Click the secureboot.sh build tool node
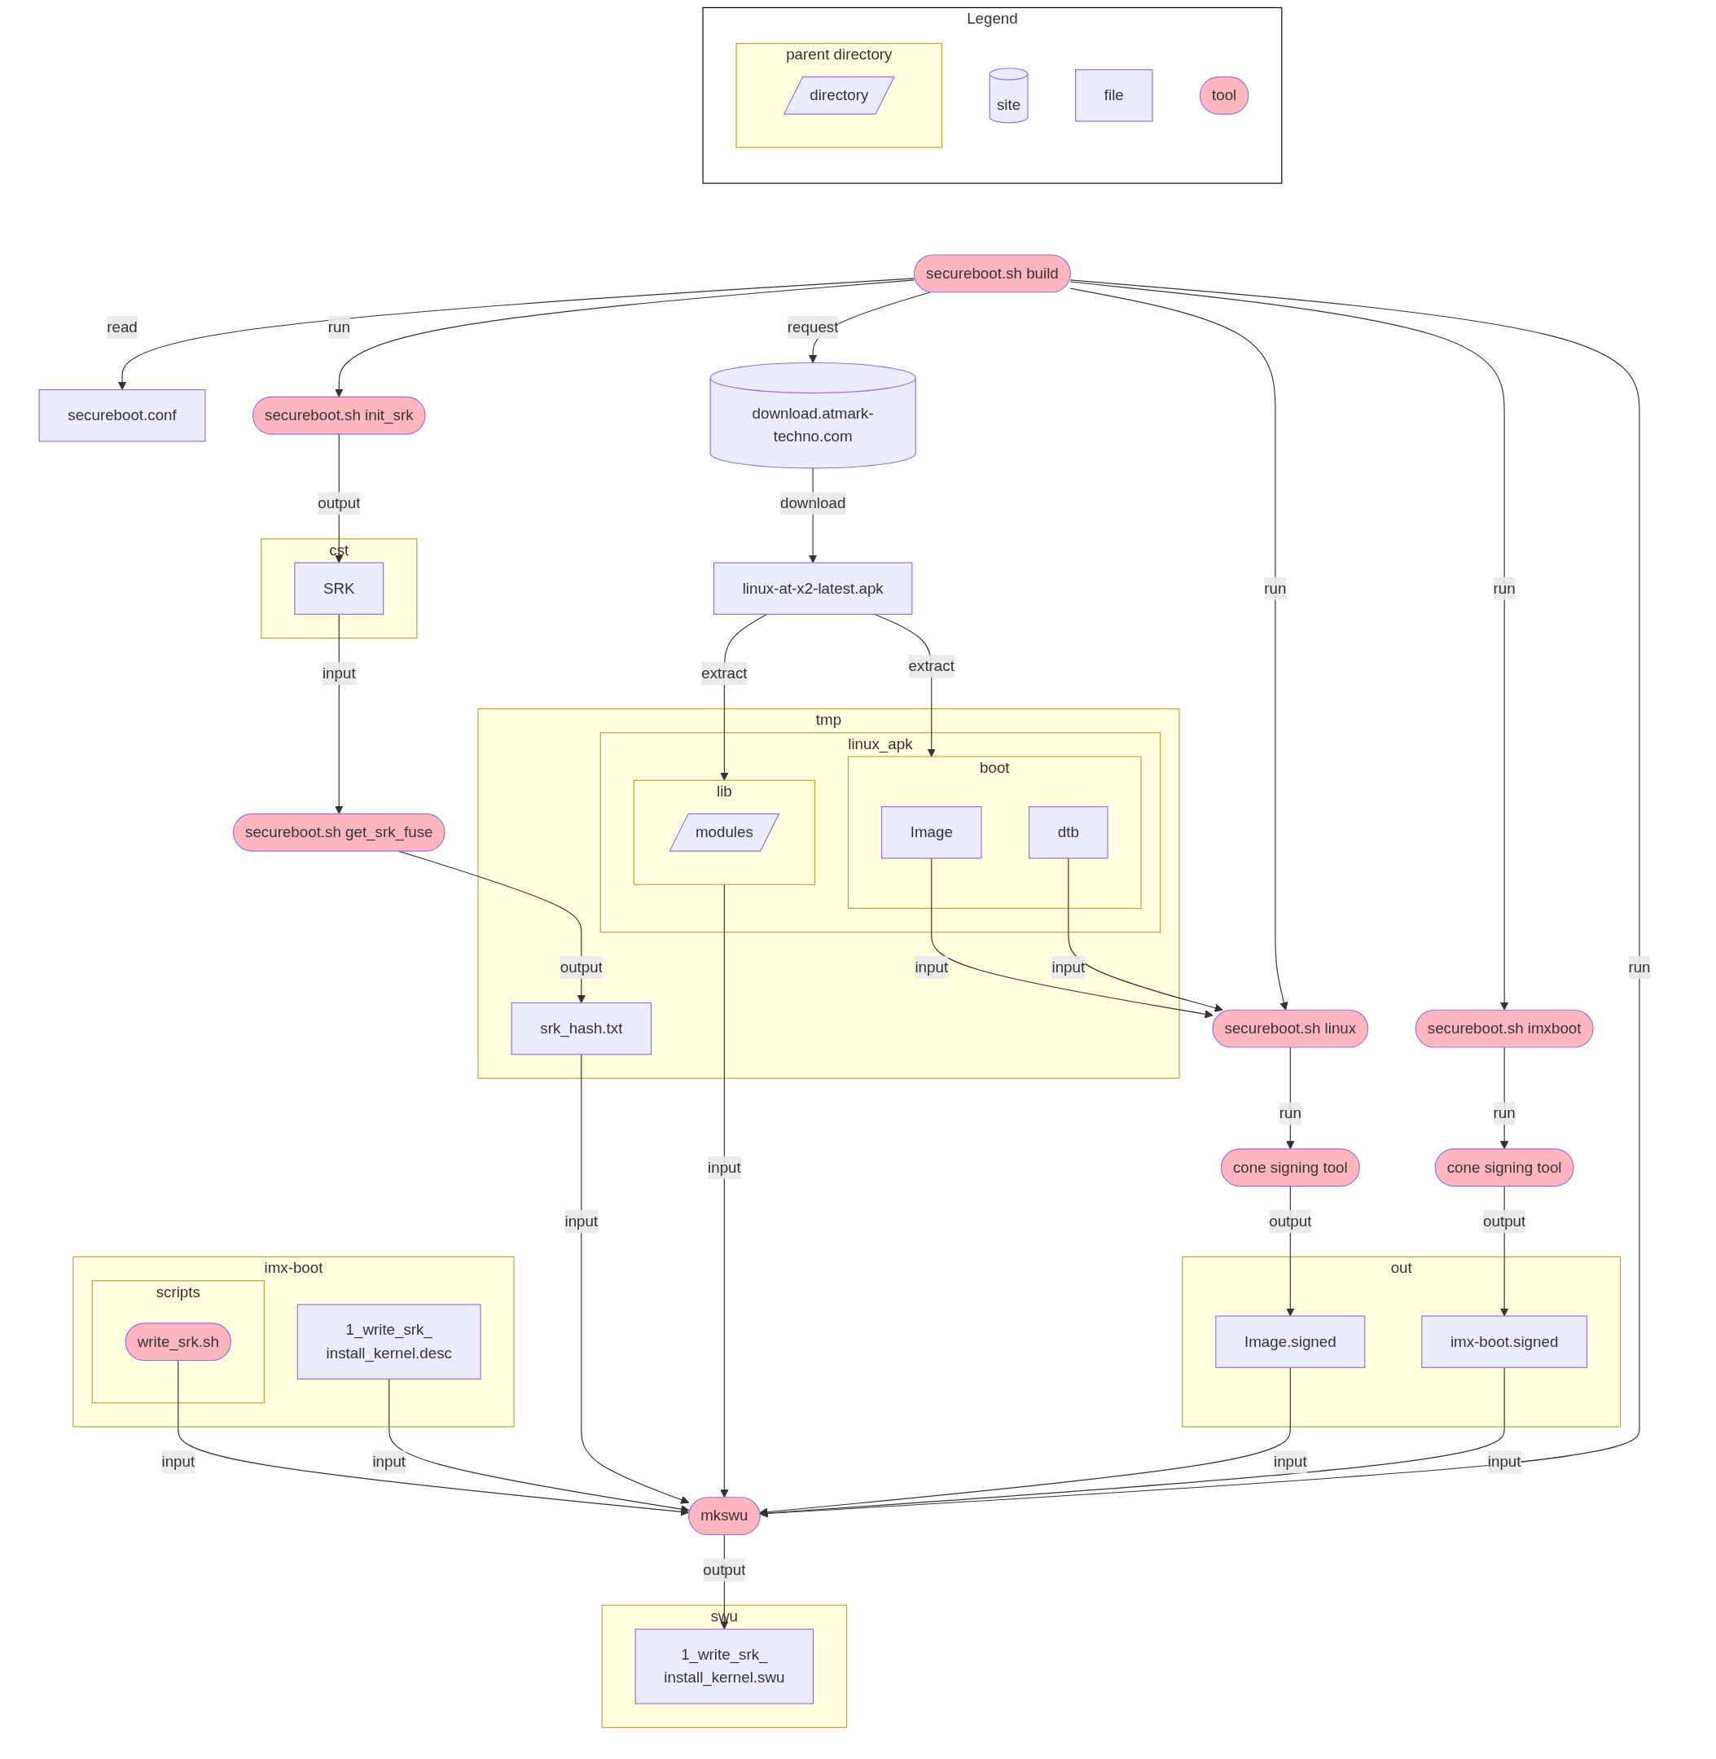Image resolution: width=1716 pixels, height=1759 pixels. coord(991,273)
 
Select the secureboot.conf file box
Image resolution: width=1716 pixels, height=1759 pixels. coord(121,415)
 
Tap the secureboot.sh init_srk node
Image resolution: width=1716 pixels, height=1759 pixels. coord(339,415)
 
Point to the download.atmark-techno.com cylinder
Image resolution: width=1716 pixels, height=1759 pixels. coord(812,423)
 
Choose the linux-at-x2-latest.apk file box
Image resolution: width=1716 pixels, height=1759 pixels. coord(812,589)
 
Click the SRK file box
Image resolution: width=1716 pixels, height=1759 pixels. coord(339,589)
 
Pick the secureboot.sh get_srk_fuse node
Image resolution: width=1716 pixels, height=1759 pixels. coord(339,831)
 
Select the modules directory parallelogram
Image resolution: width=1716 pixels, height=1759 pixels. coord(724,831)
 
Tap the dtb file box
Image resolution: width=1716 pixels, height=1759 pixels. coord(1068,831)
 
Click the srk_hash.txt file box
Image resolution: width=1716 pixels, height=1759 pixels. coord(582,1029)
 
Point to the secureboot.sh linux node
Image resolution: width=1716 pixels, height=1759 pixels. coord(1290,1029)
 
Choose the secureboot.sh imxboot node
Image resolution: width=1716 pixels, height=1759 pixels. coord(1503,1029)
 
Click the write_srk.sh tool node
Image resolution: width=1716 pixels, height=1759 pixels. coord(178,1342)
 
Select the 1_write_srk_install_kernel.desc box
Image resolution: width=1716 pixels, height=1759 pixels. coord(388,1342)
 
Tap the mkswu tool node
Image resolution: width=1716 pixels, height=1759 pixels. coord(724,1515)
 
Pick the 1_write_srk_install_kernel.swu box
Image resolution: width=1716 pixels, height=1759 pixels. coord(724,1666)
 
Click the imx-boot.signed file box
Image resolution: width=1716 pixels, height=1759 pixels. coord(1503,1342)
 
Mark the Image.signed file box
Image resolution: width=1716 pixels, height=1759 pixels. coord(1290,1342)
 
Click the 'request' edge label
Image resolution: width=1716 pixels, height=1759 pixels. coord(812,327)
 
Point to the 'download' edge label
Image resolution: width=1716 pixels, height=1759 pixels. coord(812,502)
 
